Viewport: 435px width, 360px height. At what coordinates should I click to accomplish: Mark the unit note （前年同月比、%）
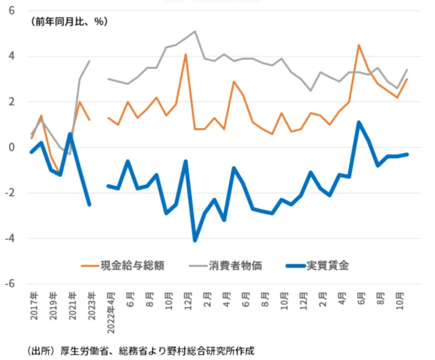coord(68,22)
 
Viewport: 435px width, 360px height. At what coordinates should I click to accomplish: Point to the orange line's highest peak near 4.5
coord(359,45)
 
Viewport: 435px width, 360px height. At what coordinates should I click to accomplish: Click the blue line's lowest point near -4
coord(195,240)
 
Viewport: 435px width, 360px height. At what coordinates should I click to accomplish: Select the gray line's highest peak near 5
coord(195,31)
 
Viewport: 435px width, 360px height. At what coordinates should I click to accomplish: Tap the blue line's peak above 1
coord(359,122)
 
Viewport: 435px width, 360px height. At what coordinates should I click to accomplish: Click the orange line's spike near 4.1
coord(185,54)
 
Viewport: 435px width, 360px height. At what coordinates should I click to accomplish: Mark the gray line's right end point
coord(407,70)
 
